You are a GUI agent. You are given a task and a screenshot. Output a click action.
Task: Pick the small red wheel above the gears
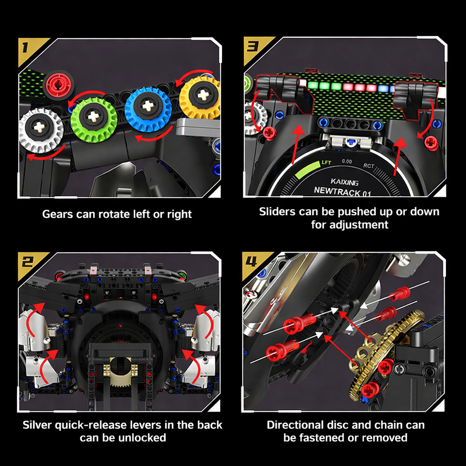59,83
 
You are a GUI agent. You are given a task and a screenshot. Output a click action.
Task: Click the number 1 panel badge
28,48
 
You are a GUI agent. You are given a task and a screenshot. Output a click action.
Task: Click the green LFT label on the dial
326,162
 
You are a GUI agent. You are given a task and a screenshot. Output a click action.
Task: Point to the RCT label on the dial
369,166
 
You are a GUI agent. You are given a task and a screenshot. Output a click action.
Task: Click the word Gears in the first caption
57,214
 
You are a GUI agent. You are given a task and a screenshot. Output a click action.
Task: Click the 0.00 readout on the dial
347,161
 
